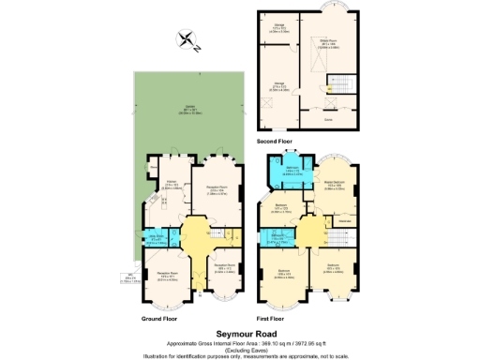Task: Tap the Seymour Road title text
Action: click(239, 333)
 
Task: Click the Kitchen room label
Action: click(172, 184)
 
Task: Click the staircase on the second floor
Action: click(336, 89)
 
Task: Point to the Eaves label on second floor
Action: click(328, 120)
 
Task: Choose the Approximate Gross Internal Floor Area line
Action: click(239, 342)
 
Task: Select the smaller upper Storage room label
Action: click(278, 27)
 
